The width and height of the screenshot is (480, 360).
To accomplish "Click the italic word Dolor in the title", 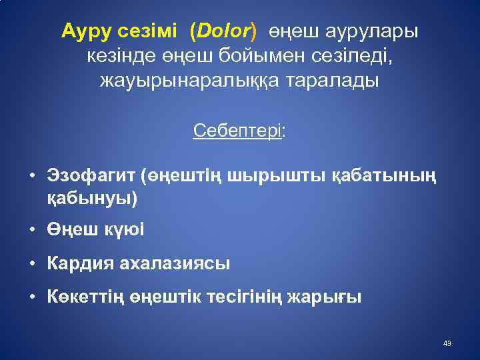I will tap(223, 31).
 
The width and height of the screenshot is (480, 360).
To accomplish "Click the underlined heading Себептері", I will tap(237, 131).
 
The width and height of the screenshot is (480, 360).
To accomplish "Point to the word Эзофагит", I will tap(91, 177).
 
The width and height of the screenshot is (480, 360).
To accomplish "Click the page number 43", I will tap(447, 343).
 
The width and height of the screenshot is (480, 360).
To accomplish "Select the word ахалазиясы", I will tap(175, 263).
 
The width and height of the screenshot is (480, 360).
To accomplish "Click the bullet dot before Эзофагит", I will tap(32, 177).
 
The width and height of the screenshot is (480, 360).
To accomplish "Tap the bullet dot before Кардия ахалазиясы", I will tap(32, 264).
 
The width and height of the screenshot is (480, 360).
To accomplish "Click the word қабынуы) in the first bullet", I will tap(91, 198).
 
